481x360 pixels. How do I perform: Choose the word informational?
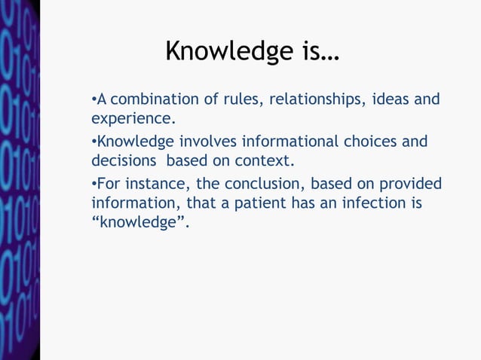tap(289, 142)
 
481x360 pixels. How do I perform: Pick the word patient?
tap(275, 203)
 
